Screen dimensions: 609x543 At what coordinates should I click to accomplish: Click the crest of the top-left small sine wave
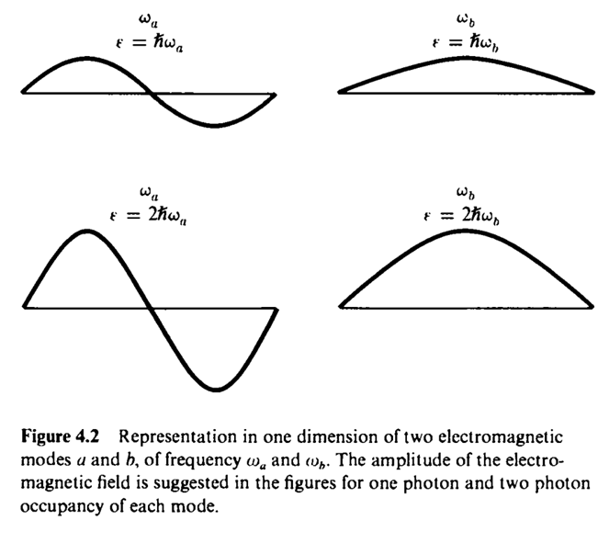tap(86, 59)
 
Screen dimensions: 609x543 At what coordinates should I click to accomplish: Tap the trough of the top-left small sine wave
tap(215, 125)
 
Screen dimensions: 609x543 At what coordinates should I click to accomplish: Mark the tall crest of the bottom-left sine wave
tap(86, 230)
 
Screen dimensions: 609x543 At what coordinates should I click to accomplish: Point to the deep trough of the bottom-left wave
tap(215, 390)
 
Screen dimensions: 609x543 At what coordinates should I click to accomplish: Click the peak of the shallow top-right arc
tap(467, 59)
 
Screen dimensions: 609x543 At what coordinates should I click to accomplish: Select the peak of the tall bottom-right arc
tap(467, 230)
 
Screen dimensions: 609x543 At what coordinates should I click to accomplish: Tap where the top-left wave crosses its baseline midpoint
tap(152, 93)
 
